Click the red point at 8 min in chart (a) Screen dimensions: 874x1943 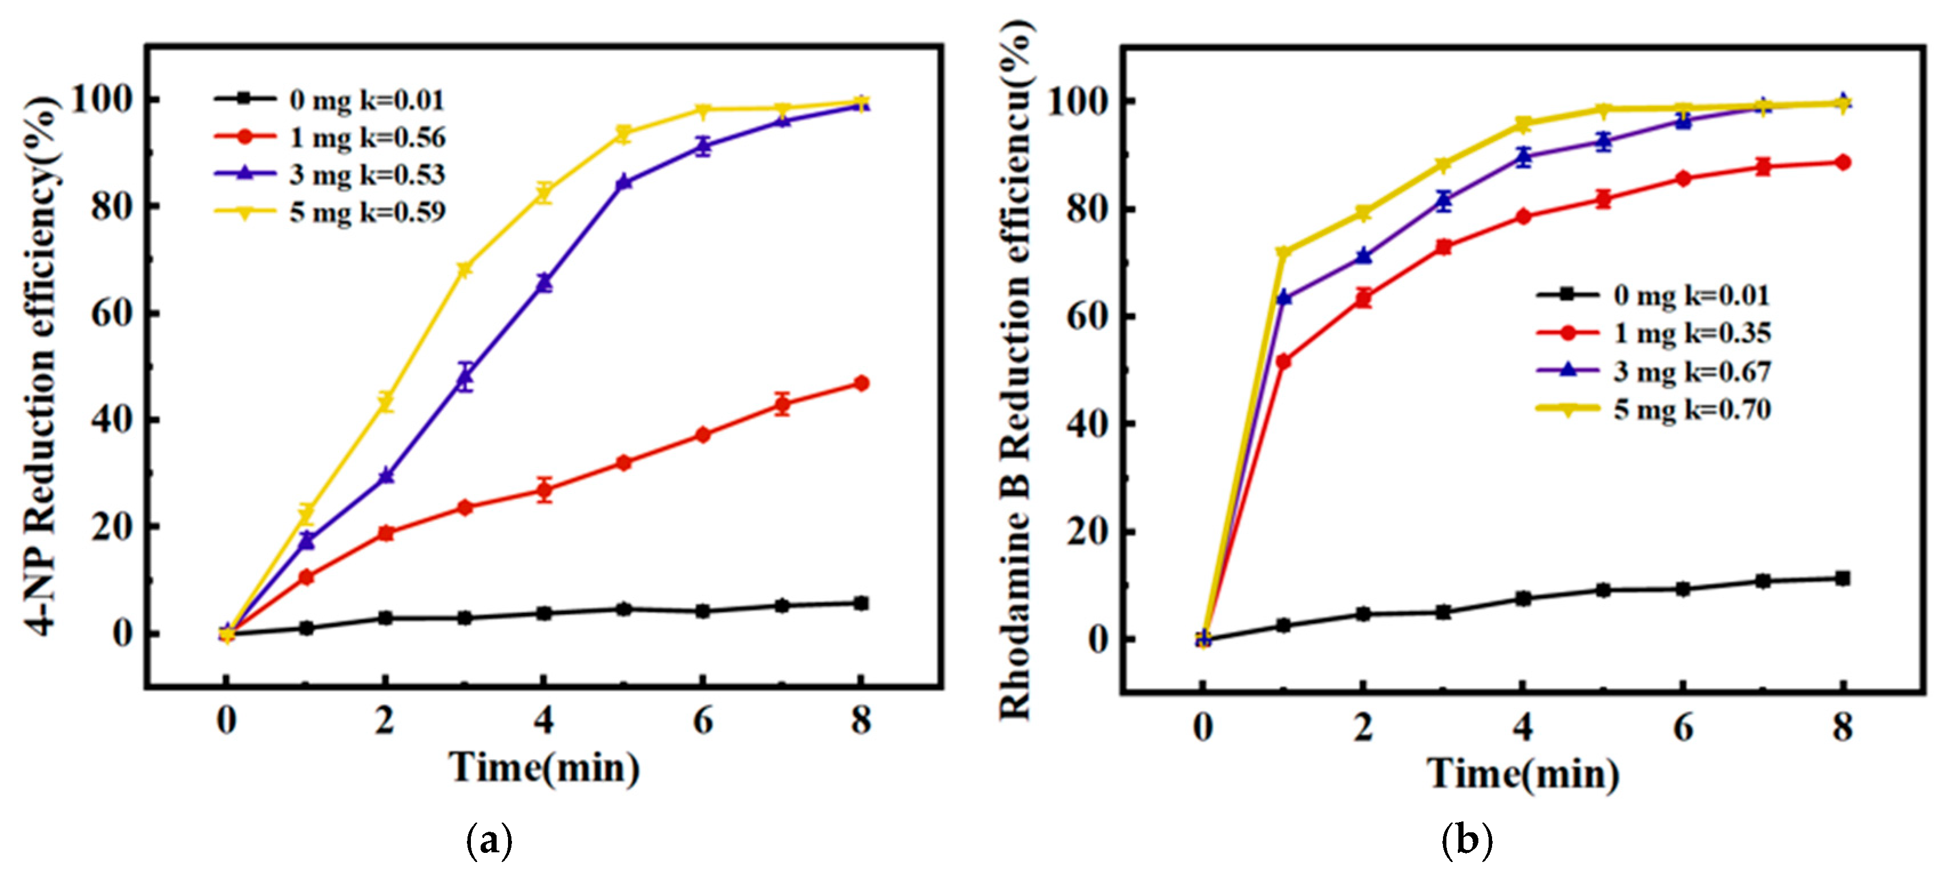point(861,383)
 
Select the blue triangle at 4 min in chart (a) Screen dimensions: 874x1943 point(544,282)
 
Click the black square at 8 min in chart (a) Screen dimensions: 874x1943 point(861,603)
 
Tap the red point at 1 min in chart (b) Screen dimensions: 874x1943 point(1283,362)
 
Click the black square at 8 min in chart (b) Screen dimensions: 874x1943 point(1843,578)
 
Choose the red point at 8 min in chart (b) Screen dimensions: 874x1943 point(1843,162)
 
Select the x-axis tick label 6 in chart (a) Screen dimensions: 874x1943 point(703,721)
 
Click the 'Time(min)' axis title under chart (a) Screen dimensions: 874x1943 point(544,768)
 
